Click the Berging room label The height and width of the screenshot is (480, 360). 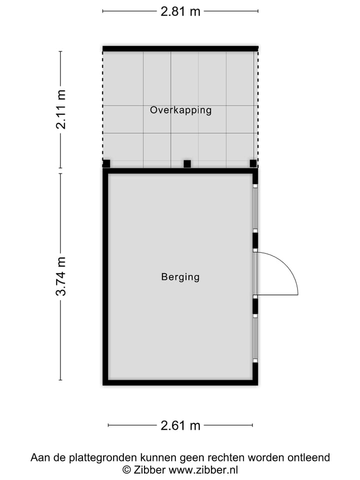180,276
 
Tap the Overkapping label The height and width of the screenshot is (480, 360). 180,110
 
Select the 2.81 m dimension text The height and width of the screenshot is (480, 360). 180,11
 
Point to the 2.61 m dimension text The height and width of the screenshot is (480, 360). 180,425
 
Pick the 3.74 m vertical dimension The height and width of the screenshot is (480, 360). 61,276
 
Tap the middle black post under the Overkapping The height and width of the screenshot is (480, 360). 187,163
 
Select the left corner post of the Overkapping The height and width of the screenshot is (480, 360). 106,163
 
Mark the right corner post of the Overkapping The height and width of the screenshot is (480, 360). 253,163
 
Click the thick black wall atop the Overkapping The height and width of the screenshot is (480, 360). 180,48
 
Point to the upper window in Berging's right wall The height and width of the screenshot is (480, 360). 255,207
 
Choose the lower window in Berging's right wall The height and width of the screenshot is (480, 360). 255,338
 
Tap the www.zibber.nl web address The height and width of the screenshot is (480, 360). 203,469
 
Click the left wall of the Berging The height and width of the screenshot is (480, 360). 105,276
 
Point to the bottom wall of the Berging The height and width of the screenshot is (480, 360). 180,382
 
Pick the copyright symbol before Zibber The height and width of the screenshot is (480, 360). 127,469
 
